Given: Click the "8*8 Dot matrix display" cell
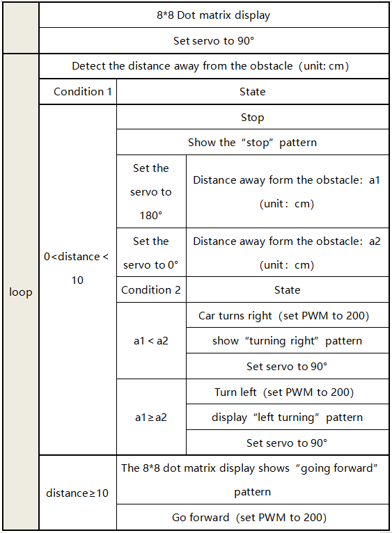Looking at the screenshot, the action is pos(214,15).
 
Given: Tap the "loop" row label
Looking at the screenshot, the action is pos(21,292).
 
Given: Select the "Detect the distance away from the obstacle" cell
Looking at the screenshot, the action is pos(214,66).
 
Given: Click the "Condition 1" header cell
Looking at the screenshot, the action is pos(78,91).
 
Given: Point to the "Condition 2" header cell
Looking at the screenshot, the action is pos(151,289).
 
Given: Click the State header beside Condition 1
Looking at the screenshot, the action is pos(253,91).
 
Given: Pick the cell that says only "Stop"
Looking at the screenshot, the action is pos(253,117).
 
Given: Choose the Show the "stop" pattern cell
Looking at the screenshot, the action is pos(253,142).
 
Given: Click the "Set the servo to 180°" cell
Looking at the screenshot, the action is pos(151,191).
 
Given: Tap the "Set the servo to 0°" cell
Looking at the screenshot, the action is pos(151,253).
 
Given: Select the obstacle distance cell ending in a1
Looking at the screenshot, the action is pos(287,191).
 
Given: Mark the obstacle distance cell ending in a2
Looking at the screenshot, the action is pos(287,253).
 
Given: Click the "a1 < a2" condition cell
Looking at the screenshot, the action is pos(151,340).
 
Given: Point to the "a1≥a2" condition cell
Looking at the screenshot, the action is pos(151,417).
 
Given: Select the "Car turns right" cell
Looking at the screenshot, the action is pos(287,315).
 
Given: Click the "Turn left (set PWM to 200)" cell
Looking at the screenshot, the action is pos(287,392).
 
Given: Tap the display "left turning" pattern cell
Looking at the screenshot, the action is pos(287,417).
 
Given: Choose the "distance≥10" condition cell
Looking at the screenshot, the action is pos(78,493).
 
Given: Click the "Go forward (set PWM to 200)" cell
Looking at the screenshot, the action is pos(253,517).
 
